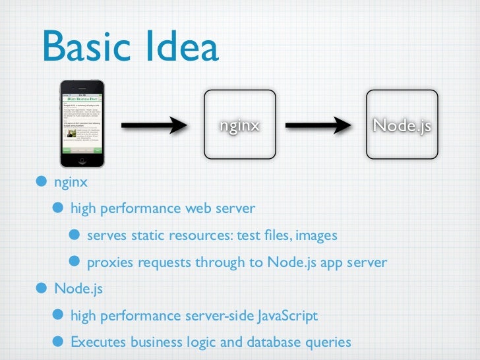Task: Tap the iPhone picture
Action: [x=82, y=125]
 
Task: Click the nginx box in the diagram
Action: [x=239, y=125]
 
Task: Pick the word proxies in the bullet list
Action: [x=110, y=263]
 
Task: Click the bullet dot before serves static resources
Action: [x=76, y=236]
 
